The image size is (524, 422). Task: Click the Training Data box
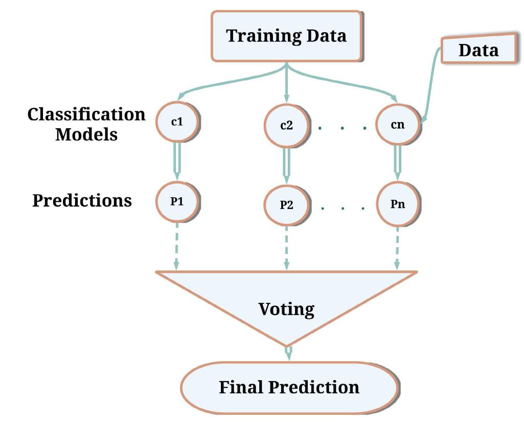point(286,36)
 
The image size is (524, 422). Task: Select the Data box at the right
point(478,50)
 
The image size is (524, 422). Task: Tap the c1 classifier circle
point(177,123)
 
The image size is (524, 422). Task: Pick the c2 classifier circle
point(286,125)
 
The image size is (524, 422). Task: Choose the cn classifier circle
point(397,124)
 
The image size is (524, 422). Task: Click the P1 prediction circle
point(177,201)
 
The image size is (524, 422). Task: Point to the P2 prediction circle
point(286,205)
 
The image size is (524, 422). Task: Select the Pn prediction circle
point(397,204)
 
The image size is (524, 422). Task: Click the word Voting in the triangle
point(286,309)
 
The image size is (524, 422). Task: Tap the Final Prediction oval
point(289,387)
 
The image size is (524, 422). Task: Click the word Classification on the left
point(86,114)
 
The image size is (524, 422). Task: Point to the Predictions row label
point(82,200)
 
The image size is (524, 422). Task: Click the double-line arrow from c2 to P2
point(286,165)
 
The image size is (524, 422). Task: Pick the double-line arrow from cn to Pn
point(397,163)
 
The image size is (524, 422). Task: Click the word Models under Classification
point(86,134)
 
